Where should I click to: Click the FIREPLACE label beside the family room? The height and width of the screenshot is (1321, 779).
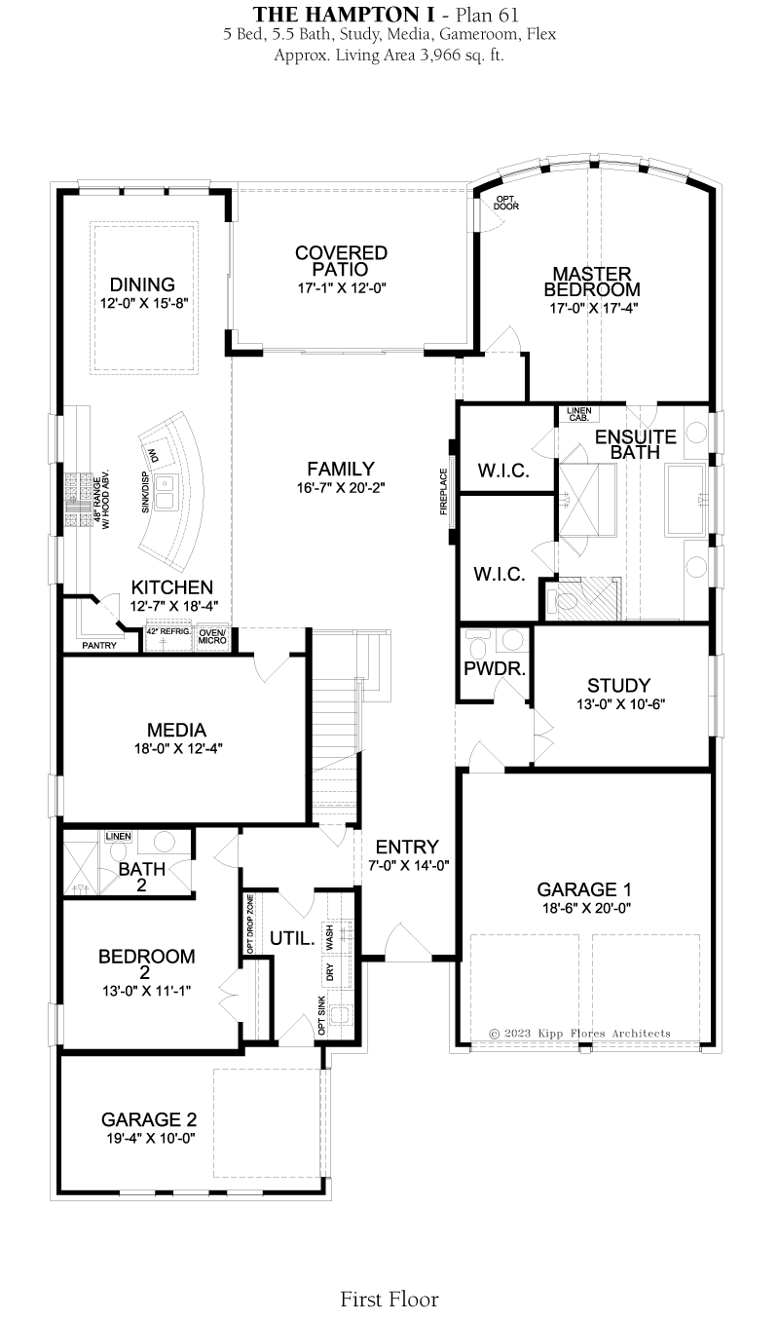444,491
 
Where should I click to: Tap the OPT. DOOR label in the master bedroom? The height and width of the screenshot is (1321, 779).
506,203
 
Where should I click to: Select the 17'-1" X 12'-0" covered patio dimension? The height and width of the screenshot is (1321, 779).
342,288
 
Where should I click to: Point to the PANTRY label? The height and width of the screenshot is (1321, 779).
99,646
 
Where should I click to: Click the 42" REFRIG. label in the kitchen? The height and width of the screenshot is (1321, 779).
168,631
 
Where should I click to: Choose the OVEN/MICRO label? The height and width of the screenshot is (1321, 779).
212,636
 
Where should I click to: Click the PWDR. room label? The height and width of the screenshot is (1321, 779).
495,668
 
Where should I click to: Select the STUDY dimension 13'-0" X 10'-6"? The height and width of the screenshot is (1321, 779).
620,703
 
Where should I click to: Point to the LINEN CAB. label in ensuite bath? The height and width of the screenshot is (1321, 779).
579,414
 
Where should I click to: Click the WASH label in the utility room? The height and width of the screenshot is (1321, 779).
329,937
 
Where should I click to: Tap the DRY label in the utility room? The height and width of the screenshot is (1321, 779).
329,972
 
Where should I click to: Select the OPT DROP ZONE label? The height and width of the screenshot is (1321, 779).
250,925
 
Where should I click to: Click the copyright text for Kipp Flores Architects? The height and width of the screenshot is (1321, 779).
579,1034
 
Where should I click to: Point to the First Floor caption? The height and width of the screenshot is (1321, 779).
389,1299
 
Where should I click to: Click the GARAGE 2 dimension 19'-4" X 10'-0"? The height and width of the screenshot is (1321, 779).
151,1138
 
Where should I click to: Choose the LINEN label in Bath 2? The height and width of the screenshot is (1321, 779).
119,836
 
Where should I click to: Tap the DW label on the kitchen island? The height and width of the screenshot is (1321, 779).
153,456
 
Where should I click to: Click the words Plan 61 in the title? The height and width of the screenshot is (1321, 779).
487,14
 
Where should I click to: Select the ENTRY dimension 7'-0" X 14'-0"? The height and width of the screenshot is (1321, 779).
409,866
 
